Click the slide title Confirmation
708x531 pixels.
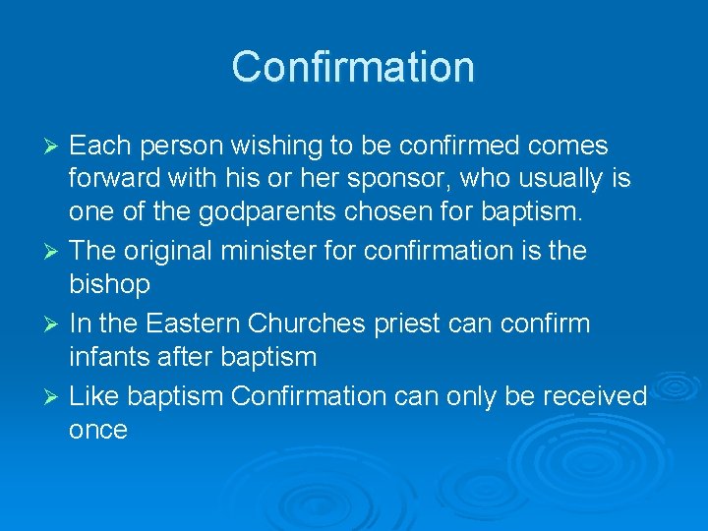click(x=353, y=67)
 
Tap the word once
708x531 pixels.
click(x=98, y=430)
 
